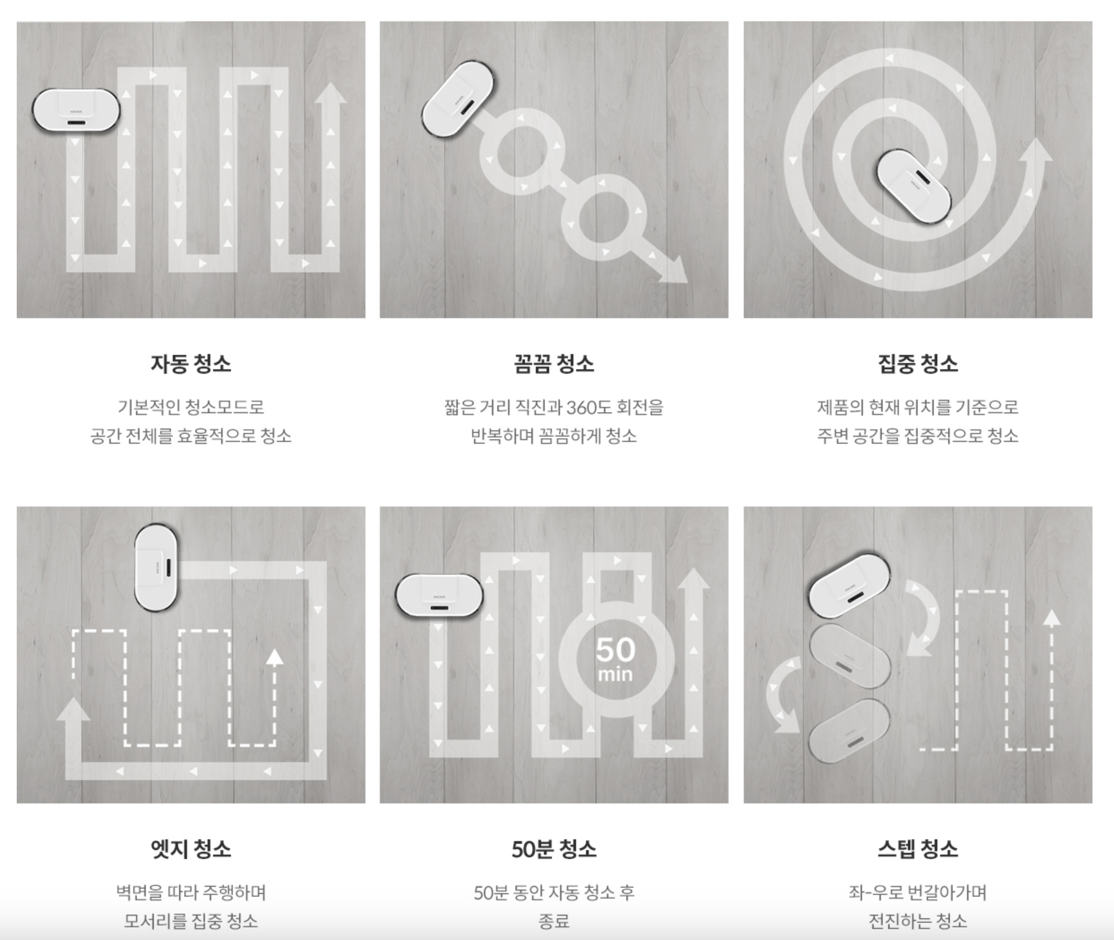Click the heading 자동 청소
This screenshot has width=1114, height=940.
tap(191, 364)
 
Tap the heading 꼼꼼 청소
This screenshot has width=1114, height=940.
tap(554, 364)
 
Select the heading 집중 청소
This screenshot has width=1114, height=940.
tap(917, 364)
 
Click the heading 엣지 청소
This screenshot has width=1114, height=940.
tap(191, 849)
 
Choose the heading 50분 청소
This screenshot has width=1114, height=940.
tap(554, 849)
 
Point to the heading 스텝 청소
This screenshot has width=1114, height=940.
tap(917, 849)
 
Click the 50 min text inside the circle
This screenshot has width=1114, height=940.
tap(615, 659)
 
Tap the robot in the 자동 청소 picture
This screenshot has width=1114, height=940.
tap(76, 111)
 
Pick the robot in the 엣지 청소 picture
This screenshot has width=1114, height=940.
tap(156, 567)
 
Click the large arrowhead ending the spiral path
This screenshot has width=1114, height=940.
tap(1036, 151)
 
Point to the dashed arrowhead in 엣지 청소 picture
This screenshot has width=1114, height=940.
tap(274, 658)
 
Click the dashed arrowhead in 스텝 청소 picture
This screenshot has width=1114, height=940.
tap(1052, 618)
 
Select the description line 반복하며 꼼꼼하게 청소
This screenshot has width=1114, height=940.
tap(554, 436)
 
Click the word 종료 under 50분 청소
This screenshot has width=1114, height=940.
tap(554, 921)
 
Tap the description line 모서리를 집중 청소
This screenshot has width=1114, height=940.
tap(191, 921)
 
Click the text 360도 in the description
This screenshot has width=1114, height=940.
tap(584, 408)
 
